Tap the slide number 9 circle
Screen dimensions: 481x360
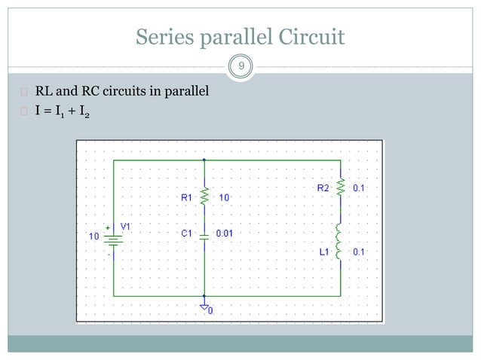point(240,69)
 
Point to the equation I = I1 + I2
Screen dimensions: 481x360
point(63,114)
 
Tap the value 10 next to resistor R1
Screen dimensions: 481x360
point(225,197)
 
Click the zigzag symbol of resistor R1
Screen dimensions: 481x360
point(204,197)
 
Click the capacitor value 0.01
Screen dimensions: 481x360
point(225,233)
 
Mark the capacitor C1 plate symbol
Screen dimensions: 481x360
point(204,234)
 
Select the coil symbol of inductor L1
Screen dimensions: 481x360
point(340,242)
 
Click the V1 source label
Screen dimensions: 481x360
point(126,226)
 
